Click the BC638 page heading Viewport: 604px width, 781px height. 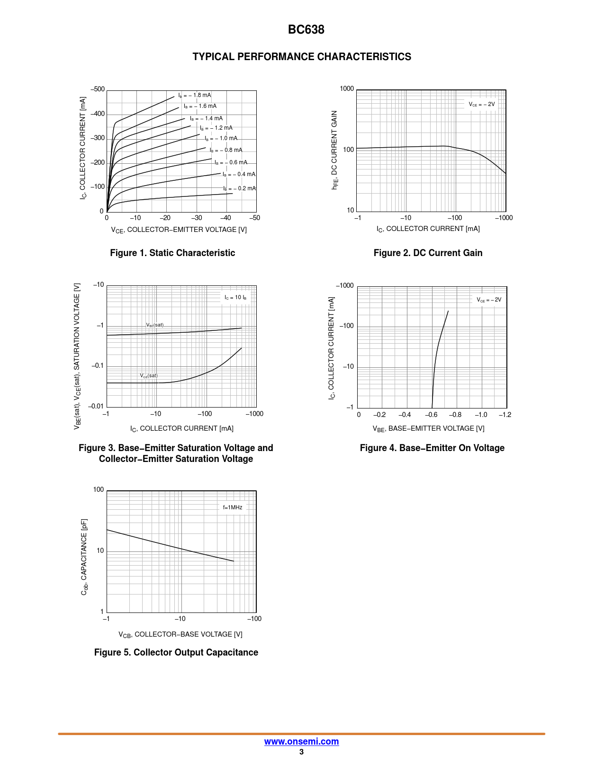[306, 30]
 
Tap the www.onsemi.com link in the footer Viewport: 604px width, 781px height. [301, 741]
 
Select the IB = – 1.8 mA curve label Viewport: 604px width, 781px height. [195, 95]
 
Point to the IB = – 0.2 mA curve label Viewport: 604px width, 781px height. [239, 188]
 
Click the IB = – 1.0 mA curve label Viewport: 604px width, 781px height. [221, 138]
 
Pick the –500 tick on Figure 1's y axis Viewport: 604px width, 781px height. [98, 89]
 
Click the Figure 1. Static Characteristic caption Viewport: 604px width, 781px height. [172, 253]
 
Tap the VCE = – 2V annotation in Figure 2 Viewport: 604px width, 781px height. [482, 104]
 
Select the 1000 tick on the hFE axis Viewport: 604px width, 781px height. [347, 89]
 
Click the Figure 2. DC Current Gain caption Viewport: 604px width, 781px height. [428, 253]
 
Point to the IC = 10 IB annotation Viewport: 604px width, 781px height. [235, 297]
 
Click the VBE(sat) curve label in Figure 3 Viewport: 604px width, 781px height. [155, 325]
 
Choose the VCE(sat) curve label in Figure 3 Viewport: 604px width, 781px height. [149, 375]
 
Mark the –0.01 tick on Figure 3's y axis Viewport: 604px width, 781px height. [96, 406]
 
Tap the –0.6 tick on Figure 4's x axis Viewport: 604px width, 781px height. [431, 415]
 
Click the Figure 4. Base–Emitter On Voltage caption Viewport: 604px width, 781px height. [432, 448]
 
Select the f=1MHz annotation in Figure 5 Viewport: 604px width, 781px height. [233, 507]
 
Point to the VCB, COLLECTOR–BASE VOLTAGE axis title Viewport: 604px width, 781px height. [180, 634]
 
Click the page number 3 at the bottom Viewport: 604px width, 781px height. [301, 752]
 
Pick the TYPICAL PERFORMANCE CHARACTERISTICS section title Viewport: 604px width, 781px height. [302, 57]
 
